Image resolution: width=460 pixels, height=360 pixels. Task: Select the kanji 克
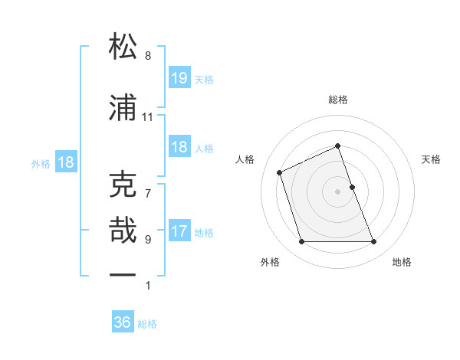tap(123, 185)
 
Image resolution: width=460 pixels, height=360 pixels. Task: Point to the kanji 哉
tap(123, 230)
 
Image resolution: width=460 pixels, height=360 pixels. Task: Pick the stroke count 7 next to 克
tap(147, 185)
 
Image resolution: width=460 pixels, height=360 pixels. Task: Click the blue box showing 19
tap(179, 78)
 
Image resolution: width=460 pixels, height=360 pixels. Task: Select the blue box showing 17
tap(179, 231)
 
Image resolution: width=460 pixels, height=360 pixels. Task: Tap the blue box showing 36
tap(123, 322)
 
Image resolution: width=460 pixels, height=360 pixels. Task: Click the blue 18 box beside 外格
tap(65, 162)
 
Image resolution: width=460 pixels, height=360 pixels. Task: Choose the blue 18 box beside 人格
tap(179, 147)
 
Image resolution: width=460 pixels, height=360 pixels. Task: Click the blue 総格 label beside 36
tap(147, 324)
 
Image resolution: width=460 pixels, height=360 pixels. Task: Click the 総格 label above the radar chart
tap(338, 100)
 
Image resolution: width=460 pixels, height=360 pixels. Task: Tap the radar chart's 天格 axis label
tap(431, 159)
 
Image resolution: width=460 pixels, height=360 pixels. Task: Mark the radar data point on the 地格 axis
tap(373, 242)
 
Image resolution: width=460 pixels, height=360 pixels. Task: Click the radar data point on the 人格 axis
tap(281, 172)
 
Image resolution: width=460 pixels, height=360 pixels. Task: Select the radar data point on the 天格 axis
tap(352, 186)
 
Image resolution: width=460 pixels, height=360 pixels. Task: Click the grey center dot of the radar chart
tap(338, 191)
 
